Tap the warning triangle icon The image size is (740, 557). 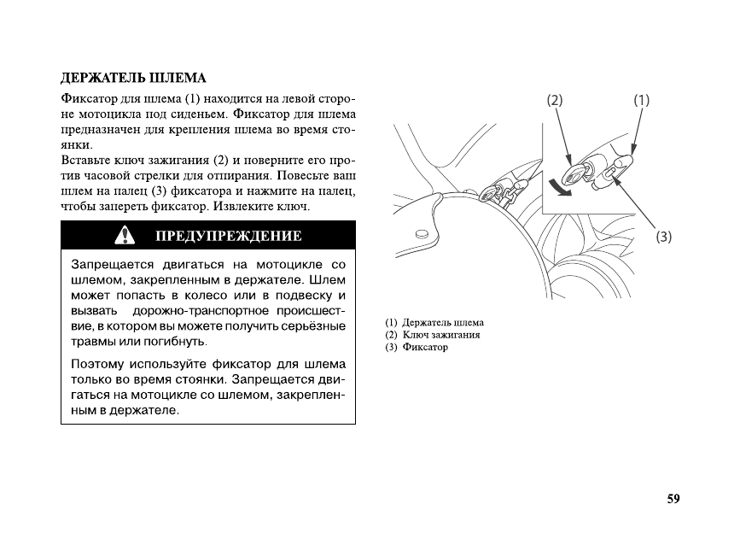(125, 234)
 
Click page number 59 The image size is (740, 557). (673, 499)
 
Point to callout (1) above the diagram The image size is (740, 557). (641, 100)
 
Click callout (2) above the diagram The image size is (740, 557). (555, 100)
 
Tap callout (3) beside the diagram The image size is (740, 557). (664, 237)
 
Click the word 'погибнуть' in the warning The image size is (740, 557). (176, 342)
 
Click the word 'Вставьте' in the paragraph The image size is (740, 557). (85, 161)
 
